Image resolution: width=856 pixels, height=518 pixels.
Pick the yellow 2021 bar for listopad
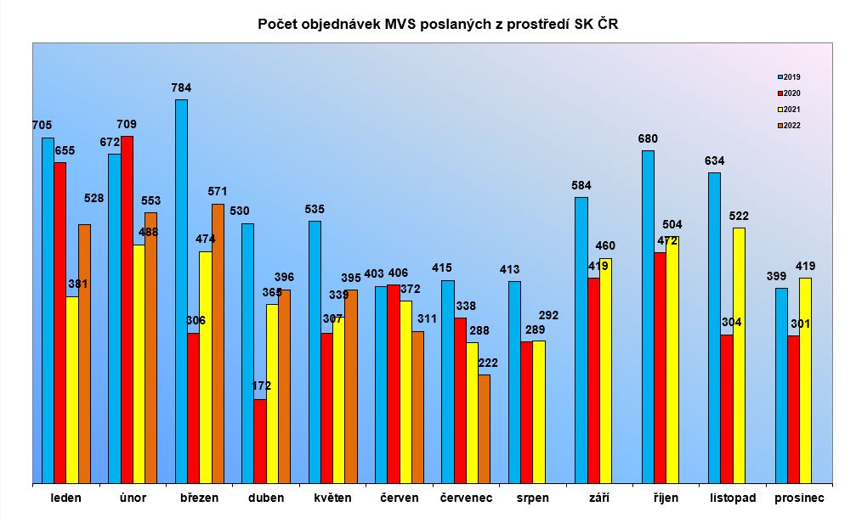739,355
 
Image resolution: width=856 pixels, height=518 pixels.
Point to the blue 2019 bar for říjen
648,317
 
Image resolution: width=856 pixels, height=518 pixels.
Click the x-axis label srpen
533,498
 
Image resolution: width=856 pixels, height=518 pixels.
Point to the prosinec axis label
798,498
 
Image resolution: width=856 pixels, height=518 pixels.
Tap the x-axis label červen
399,498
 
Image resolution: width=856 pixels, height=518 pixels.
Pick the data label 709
127,124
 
